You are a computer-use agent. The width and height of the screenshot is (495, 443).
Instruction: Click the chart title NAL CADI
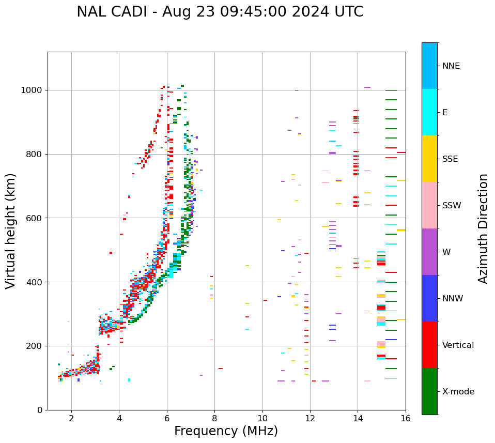220,12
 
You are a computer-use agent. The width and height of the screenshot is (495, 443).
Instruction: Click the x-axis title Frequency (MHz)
226,431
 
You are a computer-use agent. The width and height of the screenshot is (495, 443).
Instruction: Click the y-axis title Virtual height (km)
11,231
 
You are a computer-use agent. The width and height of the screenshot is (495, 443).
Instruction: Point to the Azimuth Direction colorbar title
483,228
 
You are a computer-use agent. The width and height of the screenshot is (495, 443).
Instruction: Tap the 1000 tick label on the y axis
32,90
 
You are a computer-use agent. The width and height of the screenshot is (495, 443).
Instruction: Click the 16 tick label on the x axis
406,419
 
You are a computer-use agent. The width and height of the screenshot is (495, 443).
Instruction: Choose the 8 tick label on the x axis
214,419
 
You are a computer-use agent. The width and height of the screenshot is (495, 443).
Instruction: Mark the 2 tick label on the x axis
71,419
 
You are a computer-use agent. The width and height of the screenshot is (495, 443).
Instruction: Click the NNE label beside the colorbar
451,66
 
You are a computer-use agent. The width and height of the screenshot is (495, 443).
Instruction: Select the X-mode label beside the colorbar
458,392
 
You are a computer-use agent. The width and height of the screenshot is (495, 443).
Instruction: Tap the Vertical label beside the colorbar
458,345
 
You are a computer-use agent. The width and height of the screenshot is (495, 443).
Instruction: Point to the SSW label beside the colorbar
452,206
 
